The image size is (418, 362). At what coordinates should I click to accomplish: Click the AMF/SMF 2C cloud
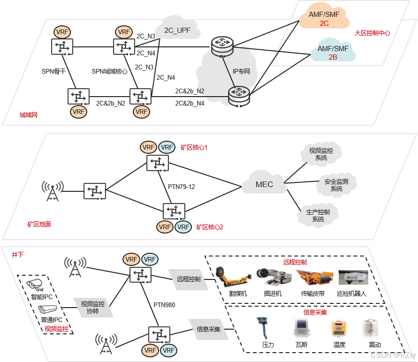324,16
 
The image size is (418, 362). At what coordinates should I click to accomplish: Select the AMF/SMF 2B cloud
333,51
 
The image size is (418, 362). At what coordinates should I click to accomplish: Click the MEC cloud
265,183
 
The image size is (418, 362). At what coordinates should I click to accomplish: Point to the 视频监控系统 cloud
321,154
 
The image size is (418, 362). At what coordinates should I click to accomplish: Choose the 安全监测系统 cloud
336,185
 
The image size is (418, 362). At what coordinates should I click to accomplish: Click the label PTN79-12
181,187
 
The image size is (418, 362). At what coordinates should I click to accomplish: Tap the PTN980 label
164,305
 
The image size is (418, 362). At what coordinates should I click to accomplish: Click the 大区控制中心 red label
372,33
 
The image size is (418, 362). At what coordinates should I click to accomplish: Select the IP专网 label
241,71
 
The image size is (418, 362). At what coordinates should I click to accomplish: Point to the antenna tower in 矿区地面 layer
53,191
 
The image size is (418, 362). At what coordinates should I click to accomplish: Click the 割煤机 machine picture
233,277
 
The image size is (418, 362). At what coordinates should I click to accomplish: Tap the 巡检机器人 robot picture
353,277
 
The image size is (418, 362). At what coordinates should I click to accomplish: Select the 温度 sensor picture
338,329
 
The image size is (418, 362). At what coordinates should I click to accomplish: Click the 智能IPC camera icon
35,285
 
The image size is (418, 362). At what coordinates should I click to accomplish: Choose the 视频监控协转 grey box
93,308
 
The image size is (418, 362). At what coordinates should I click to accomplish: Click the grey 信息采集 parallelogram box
209,329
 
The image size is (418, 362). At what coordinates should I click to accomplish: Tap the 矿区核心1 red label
194,148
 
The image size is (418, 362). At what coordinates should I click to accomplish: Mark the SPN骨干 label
53,71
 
